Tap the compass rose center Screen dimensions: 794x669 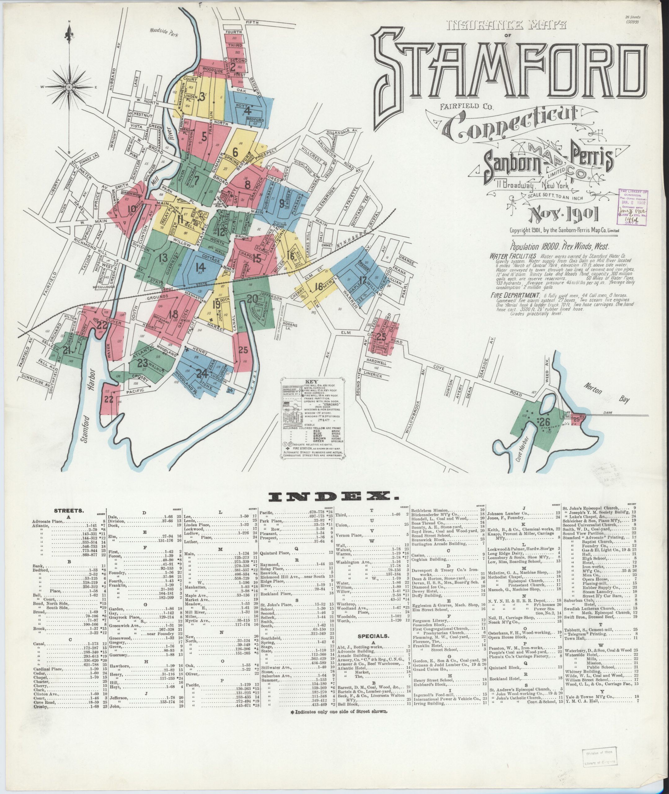[69, 87]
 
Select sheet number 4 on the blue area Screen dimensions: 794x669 [248, 111]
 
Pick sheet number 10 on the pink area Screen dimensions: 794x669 [132, 209]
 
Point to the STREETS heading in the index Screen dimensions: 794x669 [69, 511]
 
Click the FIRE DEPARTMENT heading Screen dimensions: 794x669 [514, 295]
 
